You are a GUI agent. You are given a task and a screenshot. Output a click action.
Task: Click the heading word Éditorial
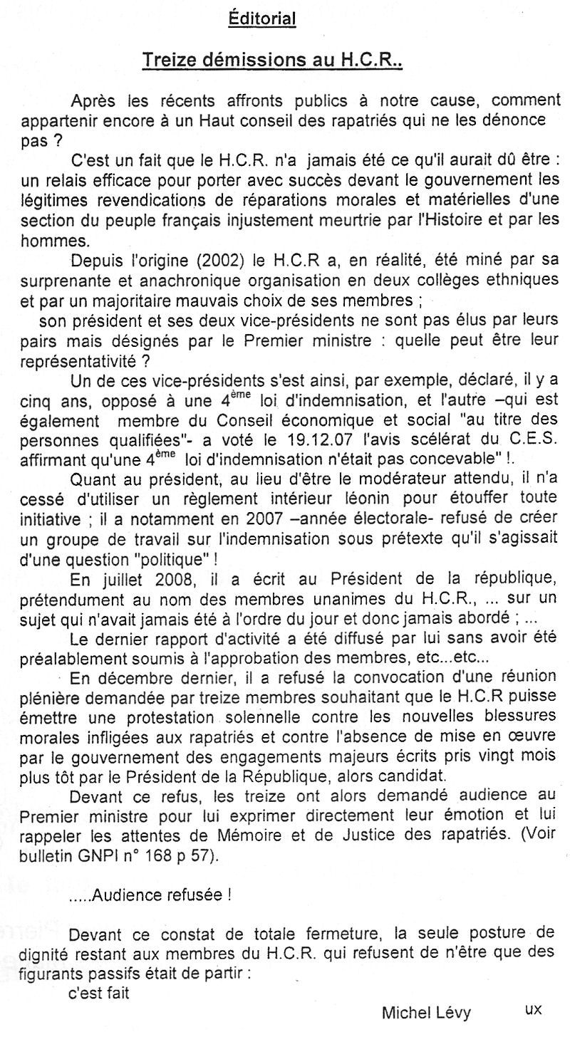click(261, 20)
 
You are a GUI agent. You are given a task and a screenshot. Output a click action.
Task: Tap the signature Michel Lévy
click(426, 1011)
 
